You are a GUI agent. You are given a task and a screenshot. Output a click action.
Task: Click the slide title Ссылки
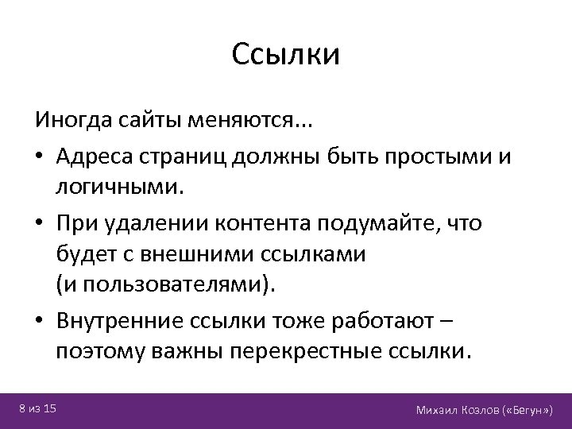pyautogui.click(x=286, y=55)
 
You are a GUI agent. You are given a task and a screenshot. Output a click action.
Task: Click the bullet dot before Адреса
pyautogui.click(x=40, y=156)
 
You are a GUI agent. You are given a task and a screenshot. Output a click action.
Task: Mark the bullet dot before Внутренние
pyautogui.click(x=40, y=319)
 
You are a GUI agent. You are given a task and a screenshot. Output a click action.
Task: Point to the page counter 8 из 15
pyautogui.click(x=37, y=409)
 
